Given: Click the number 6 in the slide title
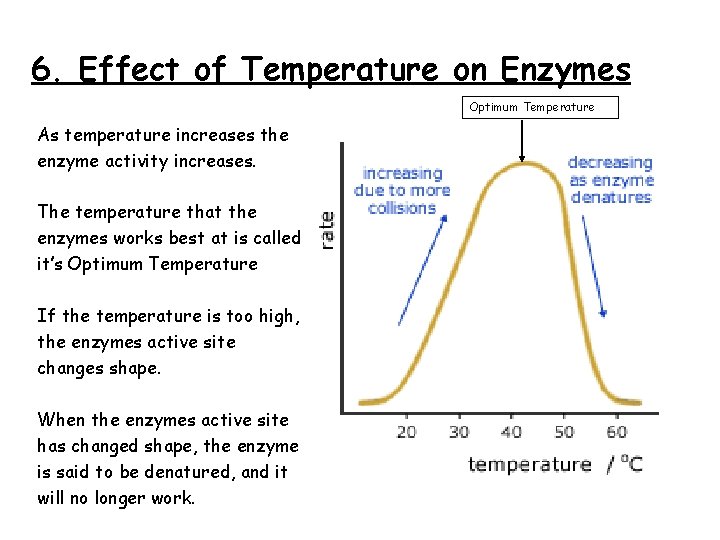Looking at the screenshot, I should click(41, 70).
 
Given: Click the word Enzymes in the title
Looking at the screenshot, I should click(566, 70).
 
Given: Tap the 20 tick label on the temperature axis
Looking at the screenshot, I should click(407, 431).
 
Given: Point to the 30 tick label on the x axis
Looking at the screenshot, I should click(459, 431).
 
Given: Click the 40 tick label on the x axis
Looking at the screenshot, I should click(512, 431).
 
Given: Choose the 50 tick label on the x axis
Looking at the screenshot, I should click(564, 431).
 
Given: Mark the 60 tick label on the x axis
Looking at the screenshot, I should click(617, 431).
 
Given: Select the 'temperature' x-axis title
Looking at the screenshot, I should click(530, 464).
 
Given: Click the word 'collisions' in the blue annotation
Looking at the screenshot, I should click(402, 208).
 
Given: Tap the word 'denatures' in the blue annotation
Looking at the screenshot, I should click(611, 197).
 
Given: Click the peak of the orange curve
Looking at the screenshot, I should click(521, 163).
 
